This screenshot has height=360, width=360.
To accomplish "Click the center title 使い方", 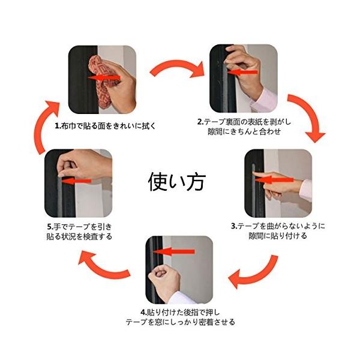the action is [x=176, y=182].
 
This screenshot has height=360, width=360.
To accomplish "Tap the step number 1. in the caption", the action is [x=58, y=126].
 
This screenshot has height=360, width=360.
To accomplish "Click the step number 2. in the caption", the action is [x=200, y=122].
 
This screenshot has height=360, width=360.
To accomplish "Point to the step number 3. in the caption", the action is [x=234, y=226].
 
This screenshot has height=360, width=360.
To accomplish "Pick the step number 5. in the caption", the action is [x=50, y=227].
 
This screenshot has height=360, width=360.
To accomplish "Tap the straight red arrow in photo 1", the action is [x=104, y=78].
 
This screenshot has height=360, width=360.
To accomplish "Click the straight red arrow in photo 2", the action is [x=242, y=73].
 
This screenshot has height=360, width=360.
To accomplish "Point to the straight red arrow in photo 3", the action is [x=274, y=179].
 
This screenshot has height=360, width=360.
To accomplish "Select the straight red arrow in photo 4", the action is [x=174, y=252].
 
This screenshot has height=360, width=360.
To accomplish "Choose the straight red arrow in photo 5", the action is [x=76, y=181].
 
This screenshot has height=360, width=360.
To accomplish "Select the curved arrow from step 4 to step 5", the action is [x=101, y=269].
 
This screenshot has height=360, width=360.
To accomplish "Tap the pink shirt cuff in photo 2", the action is [x=265, y=100].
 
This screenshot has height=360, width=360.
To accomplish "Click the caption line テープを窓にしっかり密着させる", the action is [x=180, y=322].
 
